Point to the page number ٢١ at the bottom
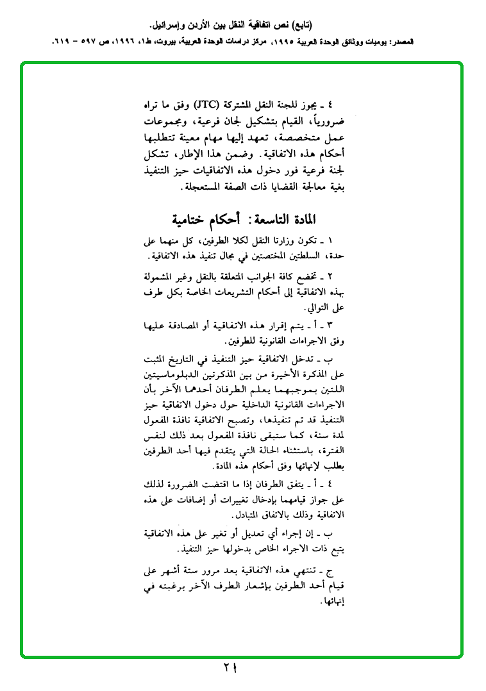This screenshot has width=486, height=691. pos(231,669)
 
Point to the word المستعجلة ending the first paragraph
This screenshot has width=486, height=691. pos(204,190)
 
